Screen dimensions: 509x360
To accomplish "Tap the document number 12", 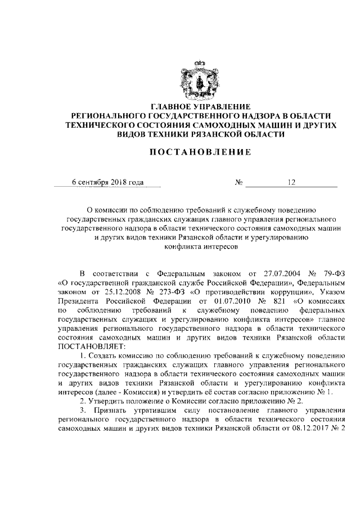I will tap(291, 182).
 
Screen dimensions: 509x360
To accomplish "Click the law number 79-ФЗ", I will tap(327, 274).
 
